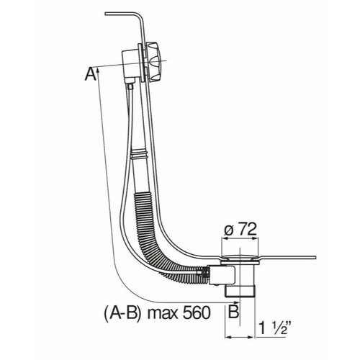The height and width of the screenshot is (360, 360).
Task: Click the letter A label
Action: coord(91,74)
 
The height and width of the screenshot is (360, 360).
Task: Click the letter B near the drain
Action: coord(233,312)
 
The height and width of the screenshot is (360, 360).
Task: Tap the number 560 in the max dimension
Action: coord(197,312)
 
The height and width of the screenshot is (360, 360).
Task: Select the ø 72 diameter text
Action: coord(240,230)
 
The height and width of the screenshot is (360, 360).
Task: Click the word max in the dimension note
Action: coord(163,313)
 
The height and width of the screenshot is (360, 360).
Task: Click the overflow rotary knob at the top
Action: coord(154,62)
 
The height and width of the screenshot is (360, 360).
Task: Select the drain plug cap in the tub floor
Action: coord(240,258)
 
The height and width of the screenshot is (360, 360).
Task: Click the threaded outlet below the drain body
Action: coord(240,291)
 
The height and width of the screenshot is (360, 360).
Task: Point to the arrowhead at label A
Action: coord(98,70)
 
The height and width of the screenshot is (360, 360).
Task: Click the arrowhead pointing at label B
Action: coord(237,302)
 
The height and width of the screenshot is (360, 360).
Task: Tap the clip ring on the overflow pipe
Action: coord(139,154)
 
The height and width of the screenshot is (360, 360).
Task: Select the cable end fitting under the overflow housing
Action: coord(130,86)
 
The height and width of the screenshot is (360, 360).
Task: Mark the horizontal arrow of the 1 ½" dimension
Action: coord(240,337)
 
